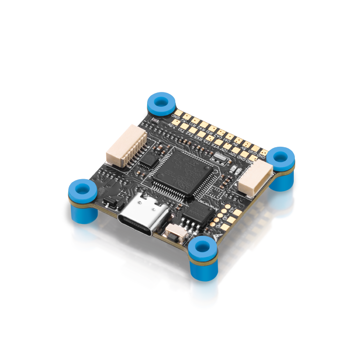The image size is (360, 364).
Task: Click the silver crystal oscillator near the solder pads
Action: coord(233,171)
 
